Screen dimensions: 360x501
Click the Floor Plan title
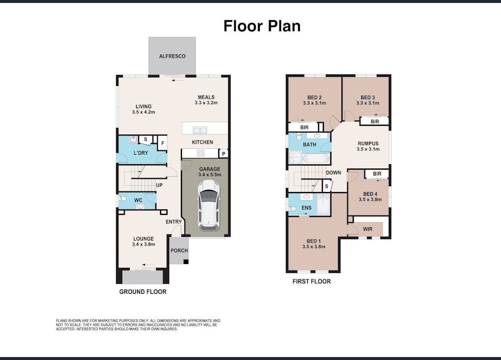261,26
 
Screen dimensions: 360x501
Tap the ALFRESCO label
172,56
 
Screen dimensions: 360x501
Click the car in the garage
209,205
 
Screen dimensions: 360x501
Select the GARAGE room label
209,169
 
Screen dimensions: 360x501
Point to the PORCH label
179,251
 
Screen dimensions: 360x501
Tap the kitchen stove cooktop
201,153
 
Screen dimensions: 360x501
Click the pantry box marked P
223,154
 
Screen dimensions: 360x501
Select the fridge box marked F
162,143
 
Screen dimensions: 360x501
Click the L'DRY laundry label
140,153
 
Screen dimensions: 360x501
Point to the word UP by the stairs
159,185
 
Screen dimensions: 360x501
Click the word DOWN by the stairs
333,173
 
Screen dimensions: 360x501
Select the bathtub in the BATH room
320,158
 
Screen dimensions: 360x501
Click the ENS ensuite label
306,207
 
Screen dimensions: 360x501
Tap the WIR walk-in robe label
368,229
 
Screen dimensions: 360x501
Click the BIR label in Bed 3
375,122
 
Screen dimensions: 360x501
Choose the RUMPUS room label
368,143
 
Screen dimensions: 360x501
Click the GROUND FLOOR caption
142,292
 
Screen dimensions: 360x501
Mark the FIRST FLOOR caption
312,281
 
